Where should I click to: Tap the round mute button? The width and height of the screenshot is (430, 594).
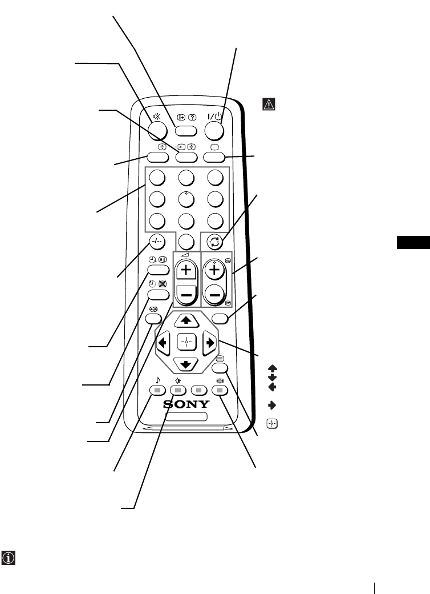pos(157,131)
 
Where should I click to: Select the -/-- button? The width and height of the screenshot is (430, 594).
pos(157,242)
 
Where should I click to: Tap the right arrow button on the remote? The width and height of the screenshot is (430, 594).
pos(210,343)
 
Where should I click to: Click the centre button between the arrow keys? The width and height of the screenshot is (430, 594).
pos(186,343)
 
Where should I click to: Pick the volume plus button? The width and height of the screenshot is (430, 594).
pos(186,270)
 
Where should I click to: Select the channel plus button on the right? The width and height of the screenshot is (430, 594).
pos(216,270)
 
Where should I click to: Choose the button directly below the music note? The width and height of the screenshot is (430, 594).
pos(157,390)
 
